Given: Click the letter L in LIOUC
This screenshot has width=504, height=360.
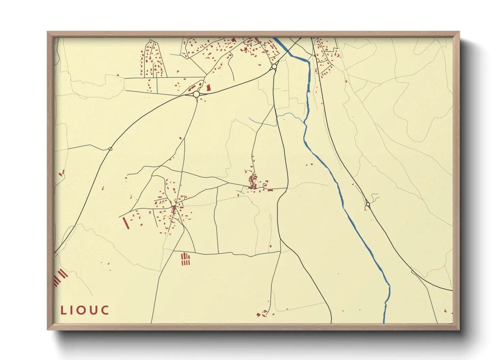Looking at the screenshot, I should tap(63, 310).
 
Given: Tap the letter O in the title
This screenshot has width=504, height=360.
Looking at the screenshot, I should tap(83, 310).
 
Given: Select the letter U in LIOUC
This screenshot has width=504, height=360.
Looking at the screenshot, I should tap(94, 310).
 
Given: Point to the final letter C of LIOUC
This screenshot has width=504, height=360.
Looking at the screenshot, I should tap(105, 310).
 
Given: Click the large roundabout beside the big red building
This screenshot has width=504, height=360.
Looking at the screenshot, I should tap(196, 94).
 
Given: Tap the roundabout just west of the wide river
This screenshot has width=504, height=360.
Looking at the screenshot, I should tap(274, 67).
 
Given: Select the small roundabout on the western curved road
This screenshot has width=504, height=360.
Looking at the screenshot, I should tap(110, 149).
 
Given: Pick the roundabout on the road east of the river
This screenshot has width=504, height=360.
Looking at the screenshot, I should tap(368, 204).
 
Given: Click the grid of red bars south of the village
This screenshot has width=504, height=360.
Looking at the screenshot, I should tap(185, 259).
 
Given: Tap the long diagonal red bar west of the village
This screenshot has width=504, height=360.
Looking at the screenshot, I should tap(126, 223).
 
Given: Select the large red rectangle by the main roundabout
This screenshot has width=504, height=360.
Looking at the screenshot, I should tap(209, 88).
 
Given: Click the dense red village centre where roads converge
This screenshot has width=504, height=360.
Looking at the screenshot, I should tap(174, 208).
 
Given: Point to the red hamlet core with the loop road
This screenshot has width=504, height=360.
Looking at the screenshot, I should tap(253, 182).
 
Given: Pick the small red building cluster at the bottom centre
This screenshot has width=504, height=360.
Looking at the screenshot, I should tap(262, 314).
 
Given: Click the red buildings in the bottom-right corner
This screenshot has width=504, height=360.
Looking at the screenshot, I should tap(446, 311).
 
